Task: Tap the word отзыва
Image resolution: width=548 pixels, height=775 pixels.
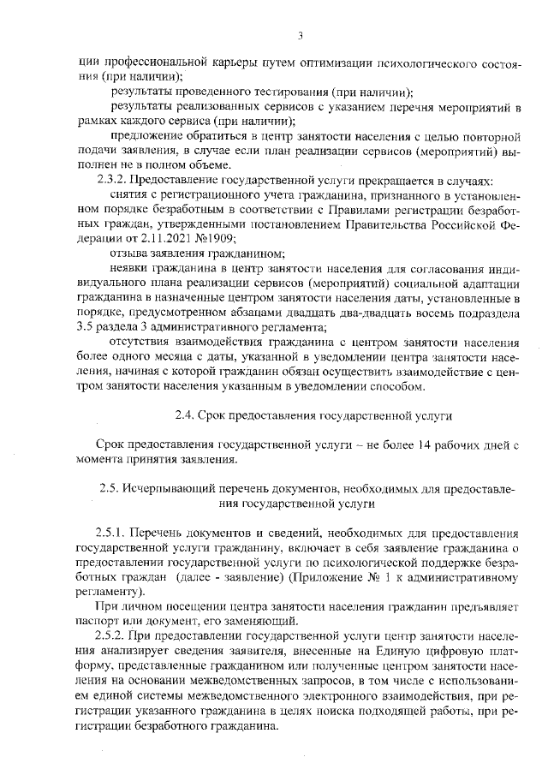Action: click(x=130, y=253)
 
